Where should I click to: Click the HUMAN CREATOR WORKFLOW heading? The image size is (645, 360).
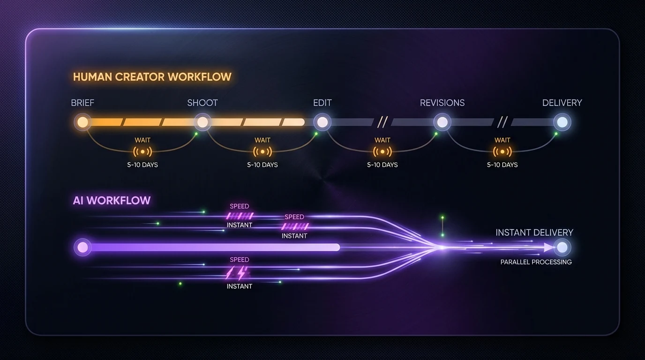coord(152,77)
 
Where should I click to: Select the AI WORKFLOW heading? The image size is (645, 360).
coord(112,201)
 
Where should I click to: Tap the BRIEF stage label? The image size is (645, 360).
coord(82,103)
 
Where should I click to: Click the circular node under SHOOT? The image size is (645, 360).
coord(202,122)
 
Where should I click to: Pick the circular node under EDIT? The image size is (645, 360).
coord(322,122)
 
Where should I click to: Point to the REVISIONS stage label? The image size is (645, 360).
coord(442,103)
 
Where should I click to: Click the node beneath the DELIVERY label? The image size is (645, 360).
coord(562,122)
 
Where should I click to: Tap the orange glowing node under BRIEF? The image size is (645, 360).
coord(82,122)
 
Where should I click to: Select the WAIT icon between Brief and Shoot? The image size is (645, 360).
coord(142,151)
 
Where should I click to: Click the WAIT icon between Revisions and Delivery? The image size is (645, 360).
coord(502,151)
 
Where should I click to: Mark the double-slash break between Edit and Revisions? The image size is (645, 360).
coord(382,122)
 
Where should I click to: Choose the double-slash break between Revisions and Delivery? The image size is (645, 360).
coord(502,122)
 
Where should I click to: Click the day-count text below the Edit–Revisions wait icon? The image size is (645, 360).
coord(382,165)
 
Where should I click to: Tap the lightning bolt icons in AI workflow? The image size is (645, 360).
coord(237,273)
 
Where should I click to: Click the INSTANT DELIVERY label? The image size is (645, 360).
coord(534,232)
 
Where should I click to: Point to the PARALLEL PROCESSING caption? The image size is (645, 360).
coord(536,262)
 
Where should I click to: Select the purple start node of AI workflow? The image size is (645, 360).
coord(82,247)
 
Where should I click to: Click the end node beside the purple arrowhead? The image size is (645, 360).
coord(562,247)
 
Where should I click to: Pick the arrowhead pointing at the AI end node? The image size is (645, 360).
coord(548,247)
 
